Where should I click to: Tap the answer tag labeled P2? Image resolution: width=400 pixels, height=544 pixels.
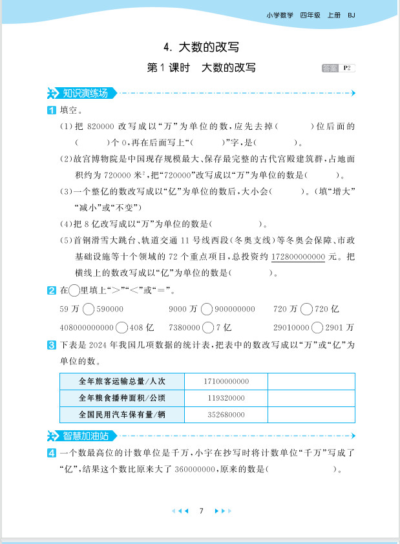coord(339,68)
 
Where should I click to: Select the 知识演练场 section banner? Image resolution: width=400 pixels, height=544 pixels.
coord(82,93)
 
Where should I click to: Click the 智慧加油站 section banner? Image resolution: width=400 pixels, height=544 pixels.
coord(82,435)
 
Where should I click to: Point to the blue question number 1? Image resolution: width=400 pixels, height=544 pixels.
coord(52,110)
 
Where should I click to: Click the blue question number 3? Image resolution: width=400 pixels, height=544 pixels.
coord(52,346)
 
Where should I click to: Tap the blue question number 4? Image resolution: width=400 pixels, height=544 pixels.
coord(52,454)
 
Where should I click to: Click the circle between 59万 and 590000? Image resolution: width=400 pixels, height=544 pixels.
coord(89,309)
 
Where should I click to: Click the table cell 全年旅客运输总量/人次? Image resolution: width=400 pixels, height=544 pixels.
coord(121,382)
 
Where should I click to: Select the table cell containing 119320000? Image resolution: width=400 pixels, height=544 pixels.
coord(226,398)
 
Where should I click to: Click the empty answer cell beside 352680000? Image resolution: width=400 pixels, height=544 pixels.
coord(311,414)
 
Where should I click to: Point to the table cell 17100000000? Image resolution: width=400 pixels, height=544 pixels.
coord(226,382)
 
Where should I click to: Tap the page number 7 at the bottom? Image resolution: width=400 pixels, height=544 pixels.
coord(202,511)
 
